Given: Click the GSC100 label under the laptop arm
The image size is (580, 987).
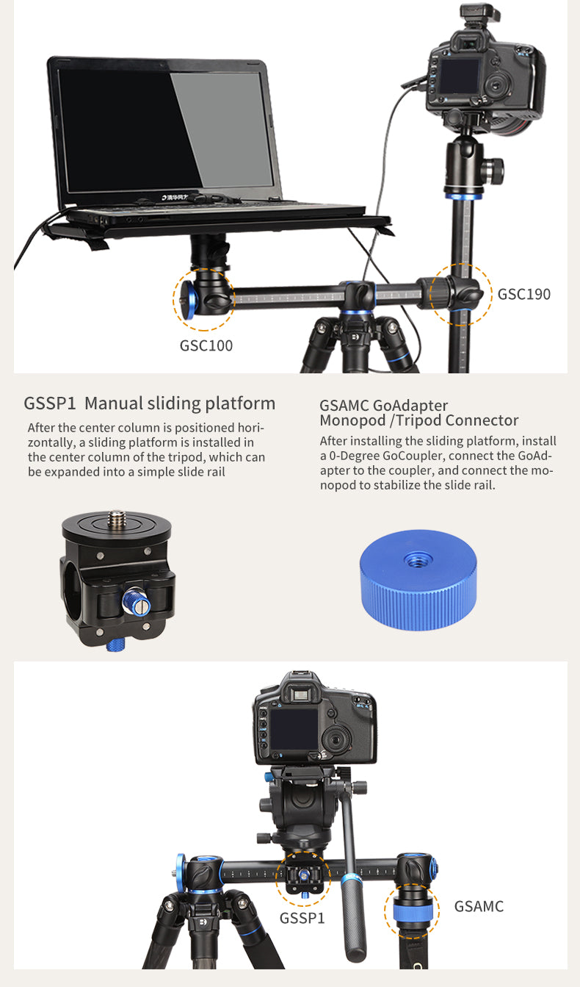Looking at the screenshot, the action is click(206, 345).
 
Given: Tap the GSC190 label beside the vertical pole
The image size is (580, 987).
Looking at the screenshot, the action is click(523, 294).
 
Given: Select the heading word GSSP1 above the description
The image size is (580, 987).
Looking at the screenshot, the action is click(50, 403).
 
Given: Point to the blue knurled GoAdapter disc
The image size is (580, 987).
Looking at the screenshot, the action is click(418, 579).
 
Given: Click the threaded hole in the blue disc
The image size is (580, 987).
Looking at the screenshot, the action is click(417, 561).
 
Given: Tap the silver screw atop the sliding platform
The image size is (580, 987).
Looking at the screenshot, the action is click(116, 517).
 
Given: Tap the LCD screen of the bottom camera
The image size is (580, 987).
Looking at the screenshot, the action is click(294, 728).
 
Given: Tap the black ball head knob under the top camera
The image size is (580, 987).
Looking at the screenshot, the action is click(493, 171).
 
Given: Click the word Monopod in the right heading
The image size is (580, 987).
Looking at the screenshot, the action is click(352, 420).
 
